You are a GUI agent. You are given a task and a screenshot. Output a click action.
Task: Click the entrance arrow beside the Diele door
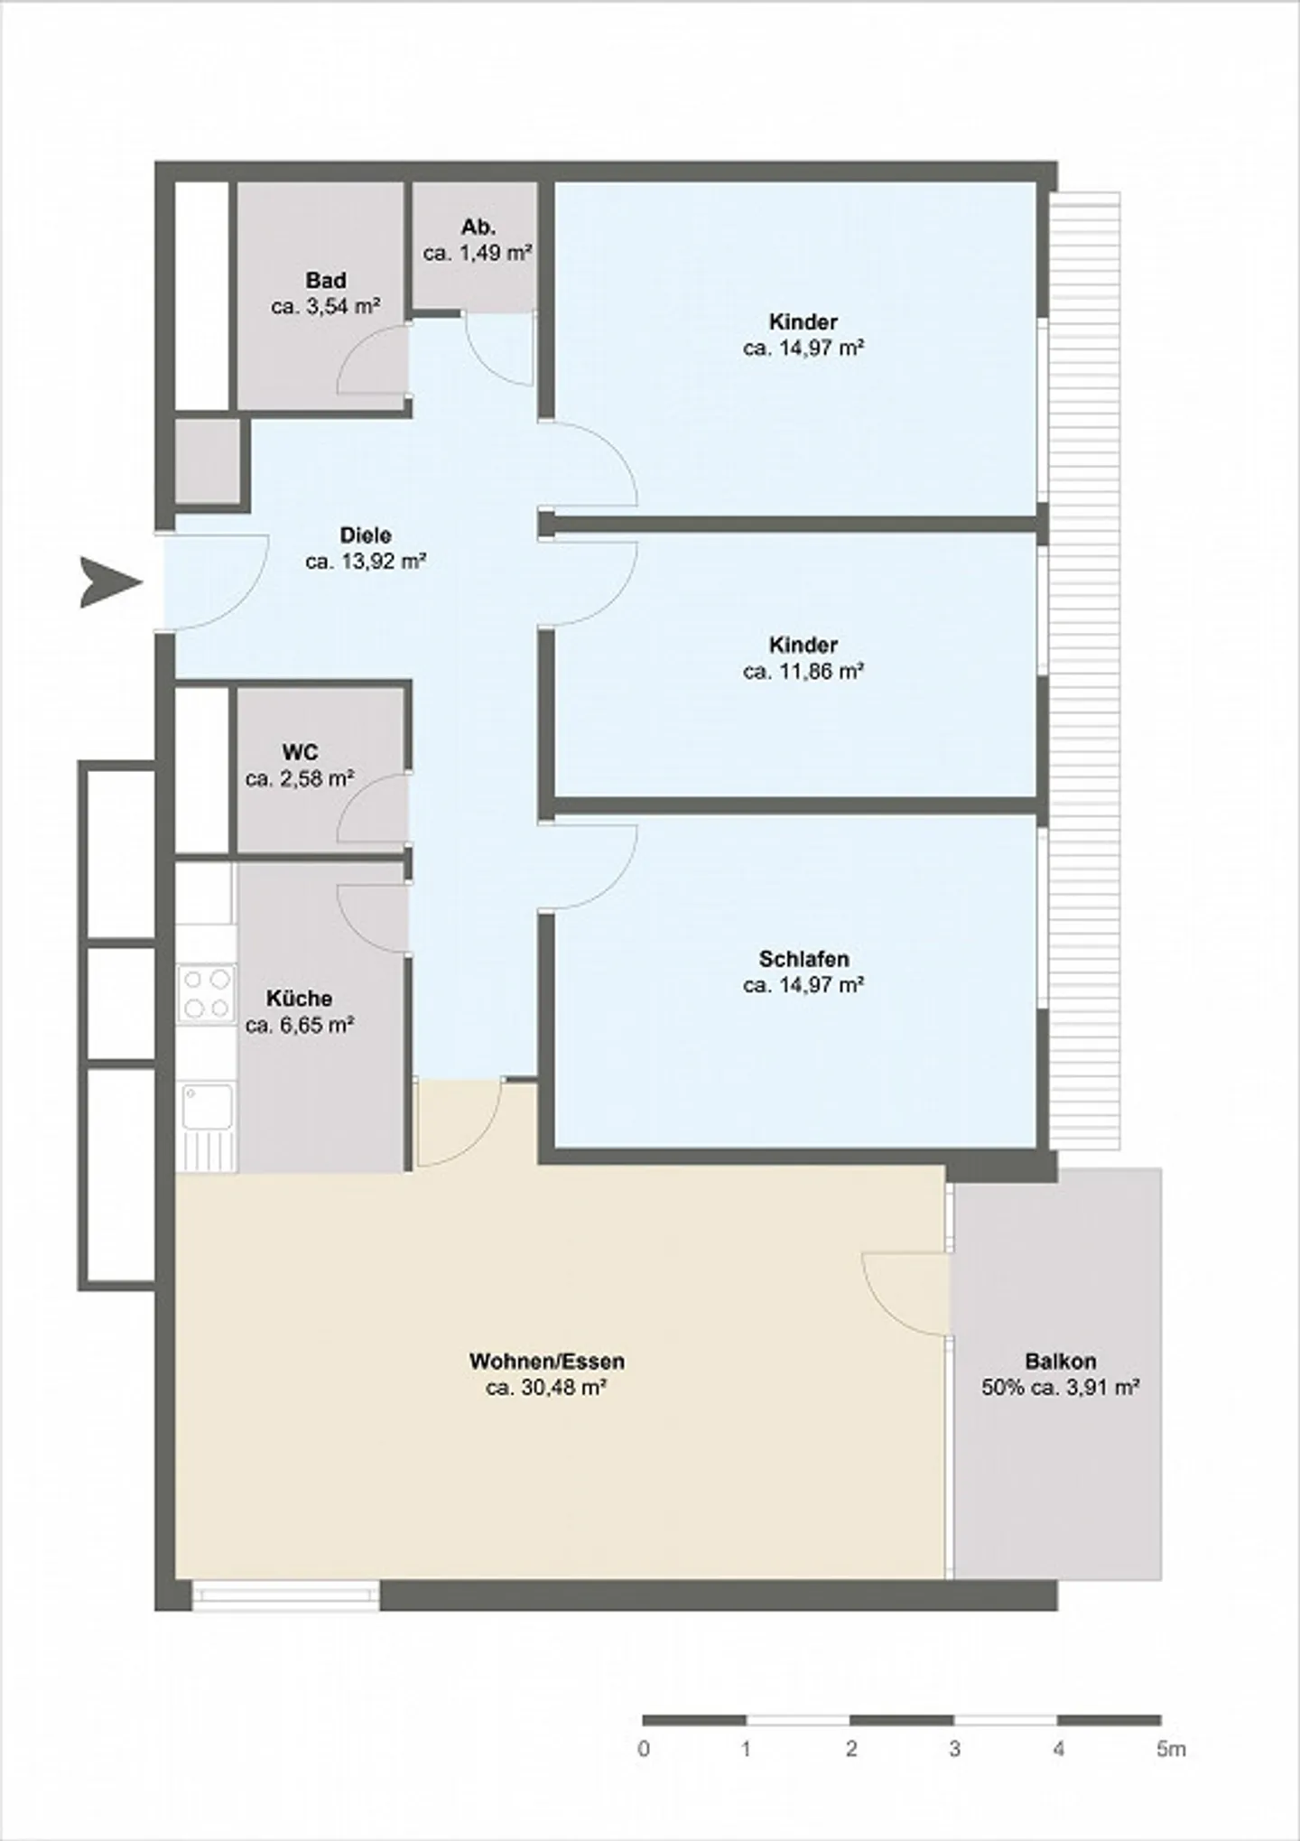(x=110, y=582)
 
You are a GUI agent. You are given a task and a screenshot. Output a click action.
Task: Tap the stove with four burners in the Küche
(x=206, y=993)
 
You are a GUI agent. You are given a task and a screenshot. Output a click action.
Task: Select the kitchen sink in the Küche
(x=207, y=1107)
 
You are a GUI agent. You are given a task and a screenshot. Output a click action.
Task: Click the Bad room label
(x=325, y=281)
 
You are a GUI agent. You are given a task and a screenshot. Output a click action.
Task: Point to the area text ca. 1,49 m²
(x=477, y=253)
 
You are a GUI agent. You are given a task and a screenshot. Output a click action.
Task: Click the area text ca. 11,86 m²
(x=803, y=671)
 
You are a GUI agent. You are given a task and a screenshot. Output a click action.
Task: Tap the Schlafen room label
(x=803, y=958)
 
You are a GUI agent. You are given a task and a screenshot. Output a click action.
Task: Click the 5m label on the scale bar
(x=1170, y=1749)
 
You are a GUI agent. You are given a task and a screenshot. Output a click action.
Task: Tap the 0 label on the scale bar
(x=644, y=1749)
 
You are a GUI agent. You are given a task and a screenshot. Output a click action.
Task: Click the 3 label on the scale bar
(x=954, y=1749)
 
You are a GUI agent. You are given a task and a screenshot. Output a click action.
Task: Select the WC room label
(x=300, y=752)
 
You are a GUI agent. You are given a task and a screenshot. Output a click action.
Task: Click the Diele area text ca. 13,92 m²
(x=366, y=562)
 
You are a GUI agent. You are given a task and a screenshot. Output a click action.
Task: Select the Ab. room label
(x=478, y=227)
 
